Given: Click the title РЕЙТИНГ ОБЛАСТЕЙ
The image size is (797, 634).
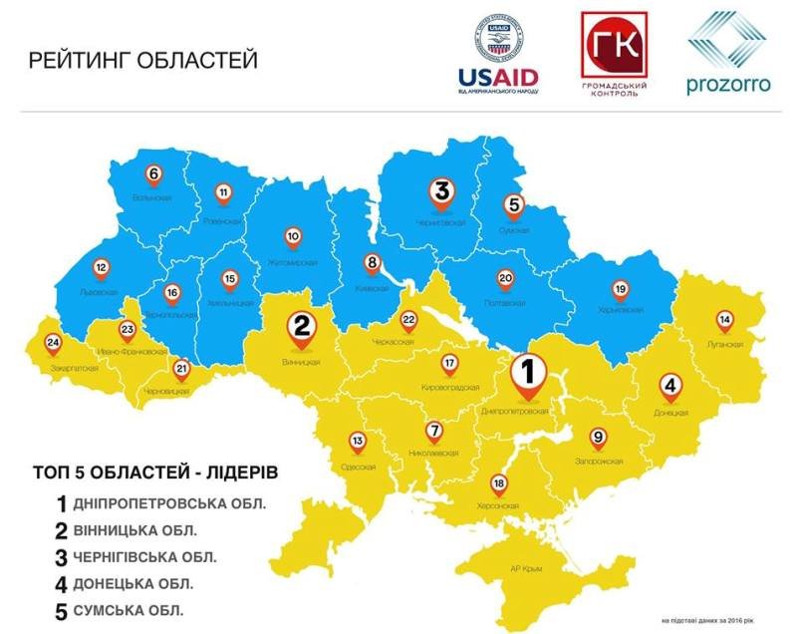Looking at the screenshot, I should (x=143, y=60).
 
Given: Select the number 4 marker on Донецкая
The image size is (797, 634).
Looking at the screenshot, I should (x=671, y=386).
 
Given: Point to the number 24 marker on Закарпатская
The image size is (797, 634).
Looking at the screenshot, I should (x=53, y=345).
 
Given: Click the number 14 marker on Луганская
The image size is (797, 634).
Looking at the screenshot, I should (x=724, y=320).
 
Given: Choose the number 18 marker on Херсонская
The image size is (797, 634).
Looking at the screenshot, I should (x=499, y=484).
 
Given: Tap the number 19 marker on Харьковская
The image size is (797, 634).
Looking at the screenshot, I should (x=620, y=289).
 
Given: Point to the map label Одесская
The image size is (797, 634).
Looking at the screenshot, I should (x=358, y=467).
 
